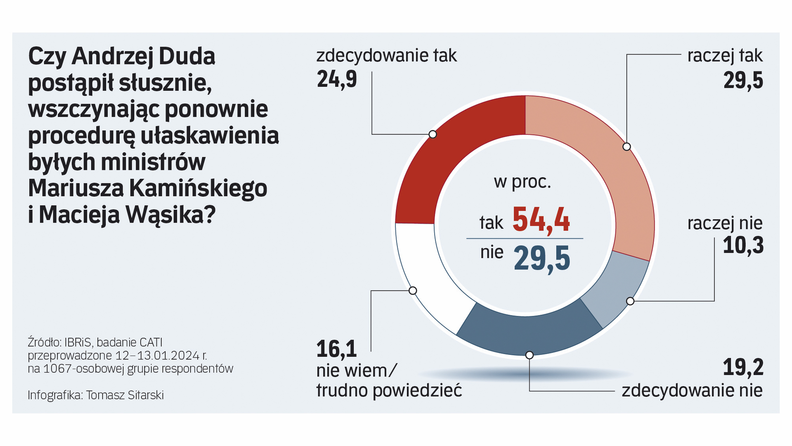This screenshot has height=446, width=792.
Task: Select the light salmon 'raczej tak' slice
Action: [x=607, y=165]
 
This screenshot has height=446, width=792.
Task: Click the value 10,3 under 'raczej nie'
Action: [x=743, y=245]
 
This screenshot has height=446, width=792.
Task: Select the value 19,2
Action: [x=743, y=367]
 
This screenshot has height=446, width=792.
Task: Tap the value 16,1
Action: [x=336, y=349]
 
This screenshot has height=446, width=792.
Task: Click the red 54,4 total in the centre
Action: [x=541, y=221]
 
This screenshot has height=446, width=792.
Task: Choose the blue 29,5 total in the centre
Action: [x=542, y=259]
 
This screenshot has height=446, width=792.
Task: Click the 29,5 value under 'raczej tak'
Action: [x=743, y=80]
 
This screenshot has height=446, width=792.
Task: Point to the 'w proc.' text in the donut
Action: [x=522, y=182]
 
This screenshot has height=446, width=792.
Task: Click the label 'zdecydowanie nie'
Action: [x=692, y=390]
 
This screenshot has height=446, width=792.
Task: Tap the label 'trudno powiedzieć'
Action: [x=389, y=390]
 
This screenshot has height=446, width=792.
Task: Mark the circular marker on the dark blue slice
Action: [x=530, y=355]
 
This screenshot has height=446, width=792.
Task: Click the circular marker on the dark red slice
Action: [x=433, y=134]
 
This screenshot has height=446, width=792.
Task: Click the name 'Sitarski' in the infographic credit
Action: [x=144, y=395]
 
